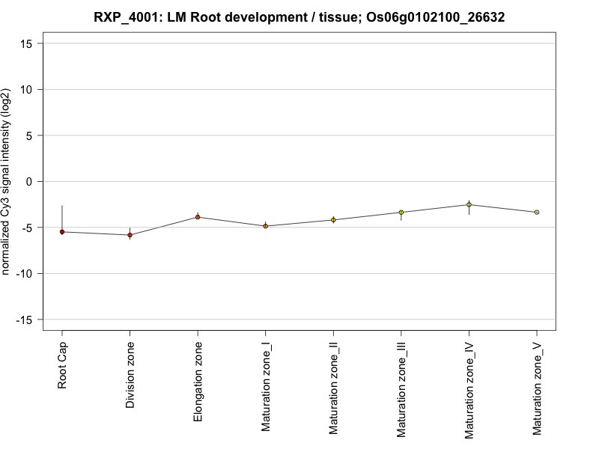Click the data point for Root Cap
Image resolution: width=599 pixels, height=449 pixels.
pos(62,232)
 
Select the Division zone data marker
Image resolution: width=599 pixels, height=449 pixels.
pos(130,235)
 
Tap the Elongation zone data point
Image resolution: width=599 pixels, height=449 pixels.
pos(198,217)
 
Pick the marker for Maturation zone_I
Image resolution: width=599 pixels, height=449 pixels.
pos(265,226)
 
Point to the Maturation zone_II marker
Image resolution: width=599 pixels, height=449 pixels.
pos(333,220)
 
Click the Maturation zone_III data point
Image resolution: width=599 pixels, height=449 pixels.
pos(401,213)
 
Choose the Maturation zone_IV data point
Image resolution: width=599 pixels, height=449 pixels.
pos(469,204)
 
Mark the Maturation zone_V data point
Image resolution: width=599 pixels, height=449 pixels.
pos(536,213)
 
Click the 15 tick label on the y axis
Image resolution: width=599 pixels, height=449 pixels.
pos(29,43)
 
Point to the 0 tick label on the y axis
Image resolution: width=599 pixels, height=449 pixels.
pos(32,182)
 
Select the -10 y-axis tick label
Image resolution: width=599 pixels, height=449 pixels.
pos(27,274)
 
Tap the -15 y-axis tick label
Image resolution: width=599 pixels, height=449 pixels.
pos(27,320)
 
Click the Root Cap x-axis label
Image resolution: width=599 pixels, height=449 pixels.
pos(62,367)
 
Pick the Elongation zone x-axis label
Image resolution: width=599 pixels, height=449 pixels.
pos(198,382)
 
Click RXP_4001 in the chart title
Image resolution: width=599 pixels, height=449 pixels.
pos(127,16)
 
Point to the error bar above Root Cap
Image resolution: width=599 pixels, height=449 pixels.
pos(62,217)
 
